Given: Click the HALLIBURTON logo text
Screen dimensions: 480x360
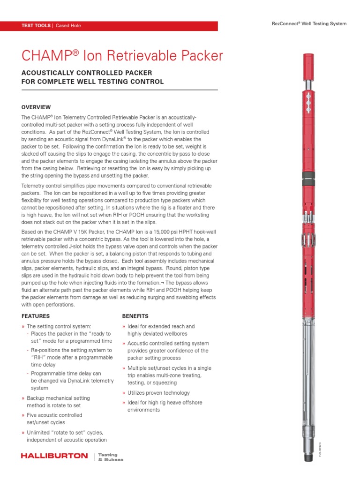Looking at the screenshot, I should point(54,456).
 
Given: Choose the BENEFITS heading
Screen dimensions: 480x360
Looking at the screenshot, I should point(135,316).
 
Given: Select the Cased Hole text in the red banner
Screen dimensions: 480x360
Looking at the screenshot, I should point(68,26).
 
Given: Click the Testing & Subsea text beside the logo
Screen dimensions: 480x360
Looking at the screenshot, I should point(111,457).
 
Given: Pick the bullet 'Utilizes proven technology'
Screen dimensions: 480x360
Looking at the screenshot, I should point(158,393).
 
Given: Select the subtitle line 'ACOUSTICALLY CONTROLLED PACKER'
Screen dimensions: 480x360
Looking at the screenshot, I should point(87,74).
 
